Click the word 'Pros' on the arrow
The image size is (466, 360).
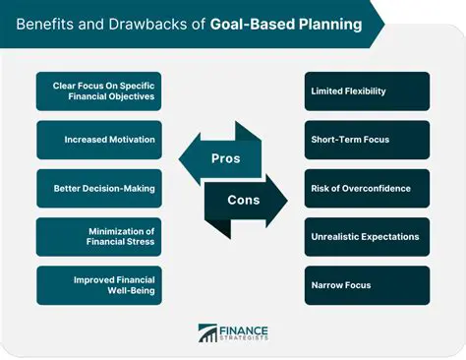pyautogui.click(x=227, y=158)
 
